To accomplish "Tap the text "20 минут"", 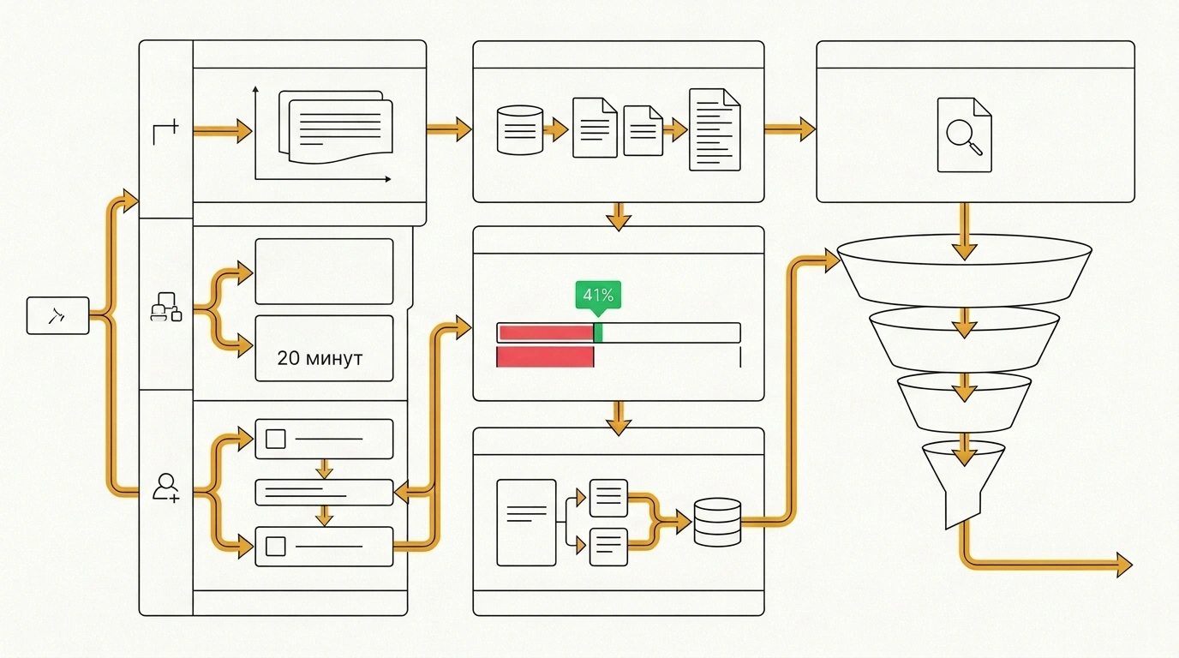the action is click(x=320, y=358).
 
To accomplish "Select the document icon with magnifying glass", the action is click(x=964, y=135).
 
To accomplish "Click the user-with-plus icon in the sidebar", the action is click(x=166, y=488).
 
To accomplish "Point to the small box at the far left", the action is click(x=58, y=316).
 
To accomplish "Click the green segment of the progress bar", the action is click(x=598, y=333).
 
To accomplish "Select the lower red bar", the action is click(x=545, y=357).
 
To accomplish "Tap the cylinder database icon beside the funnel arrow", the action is click(x=717, y=522).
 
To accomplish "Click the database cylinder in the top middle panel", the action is click(x=520, y=130).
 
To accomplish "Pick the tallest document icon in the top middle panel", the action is click(x=715, y=130).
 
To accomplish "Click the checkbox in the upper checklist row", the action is click(x=275, y=439).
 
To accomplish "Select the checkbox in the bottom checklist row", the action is click(x=275, y=547).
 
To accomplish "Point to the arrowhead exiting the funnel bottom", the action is click(x=1124, y=565).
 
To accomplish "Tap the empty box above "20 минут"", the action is click(x=324, y=272).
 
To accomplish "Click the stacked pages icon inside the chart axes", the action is click(x=336, y=127).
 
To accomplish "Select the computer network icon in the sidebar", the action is click(x=166, y=307).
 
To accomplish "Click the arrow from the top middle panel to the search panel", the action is click(x=789, y=129).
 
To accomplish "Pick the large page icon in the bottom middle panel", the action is click(x=526, y=523).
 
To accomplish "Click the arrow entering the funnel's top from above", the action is click(x=964, y=231).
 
